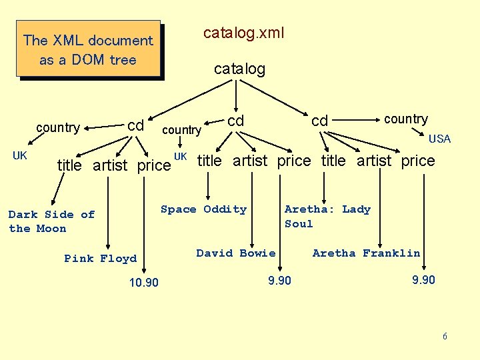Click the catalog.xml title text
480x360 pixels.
pyautogui.click(x=243, y=33)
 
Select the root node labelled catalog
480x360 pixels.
pyautogui.click(x=239, y=69)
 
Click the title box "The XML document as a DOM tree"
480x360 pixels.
pyautogui.click(x=88, y=50)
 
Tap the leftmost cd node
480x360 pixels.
pyautogui.click(x=136, y=125)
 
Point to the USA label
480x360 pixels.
pyautogui.click(x=439, y=139)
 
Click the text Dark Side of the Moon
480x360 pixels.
pyautogui.click(x=51, y=221)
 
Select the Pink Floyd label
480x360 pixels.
pyautogui.click(x=100, y=259)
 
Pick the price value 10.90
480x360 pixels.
pyautogui.click(x=144, y=283)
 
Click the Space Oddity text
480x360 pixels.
pyautogui.click(x=203, y=209)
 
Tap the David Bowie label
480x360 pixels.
pyautogui.click(x=236, y=253)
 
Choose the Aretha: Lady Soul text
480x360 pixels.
pyautogui.click(x=327, y=216)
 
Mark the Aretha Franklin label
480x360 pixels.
pyautogui.click(x=366, y=253)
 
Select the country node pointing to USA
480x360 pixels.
pyautogui.click(x=405, y=119)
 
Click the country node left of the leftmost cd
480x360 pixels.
pyautogui.click(x=58, y=127)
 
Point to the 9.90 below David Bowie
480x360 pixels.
pyautogui.click(x=279, y=281)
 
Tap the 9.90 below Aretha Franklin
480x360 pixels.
pyautogui.click(x=423, y=280)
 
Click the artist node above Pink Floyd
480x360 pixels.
pyautogui.click(x=110, y=165)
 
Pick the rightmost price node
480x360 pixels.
pyautogui.click(x=417, y=161)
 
